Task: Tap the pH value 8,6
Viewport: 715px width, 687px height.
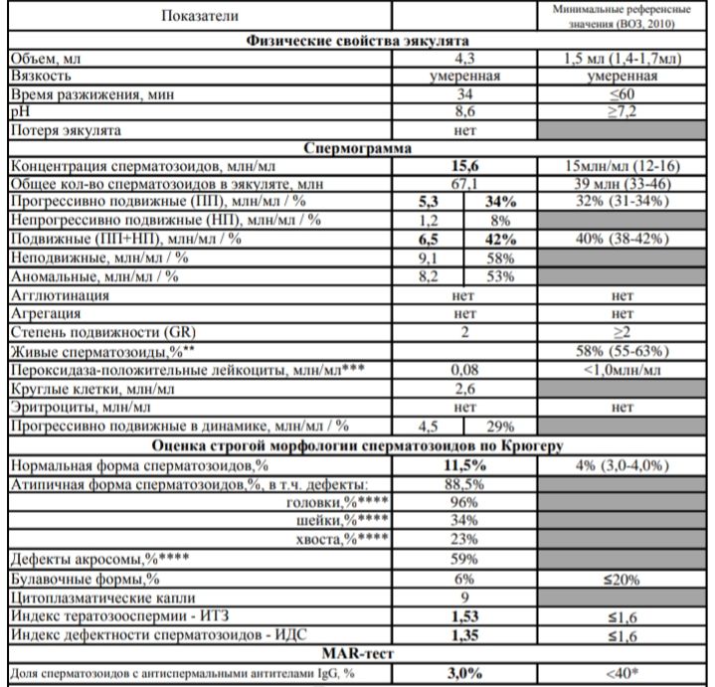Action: click(x=464, y=112)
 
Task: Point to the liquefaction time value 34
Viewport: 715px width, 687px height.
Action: click(x=464, y=95)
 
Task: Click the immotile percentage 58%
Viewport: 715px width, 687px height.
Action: click(x=500, y=257)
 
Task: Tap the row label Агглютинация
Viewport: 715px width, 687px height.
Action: click(x=59, y=294)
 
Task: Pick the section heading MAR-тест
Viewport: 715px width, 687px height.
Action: click(x=359, y=654)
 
